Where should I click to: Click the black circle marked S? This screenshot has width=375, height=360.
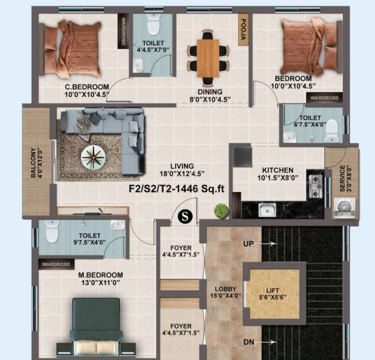pos(185,216)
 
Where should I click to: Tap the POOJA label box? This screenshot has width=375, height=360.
pos(243,30)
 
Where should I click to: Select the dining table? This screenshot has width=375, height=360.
pos(208,59)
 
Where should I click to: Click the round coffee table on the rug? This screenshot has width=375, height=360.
pos(94,157)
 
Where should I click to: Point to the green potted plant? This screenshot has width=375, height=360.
pos(222,211)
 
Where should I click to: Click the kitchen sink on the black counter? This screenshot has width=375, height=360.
pos(267,210)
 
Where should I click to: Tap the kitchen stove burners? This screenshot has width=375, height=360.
pos(316,187)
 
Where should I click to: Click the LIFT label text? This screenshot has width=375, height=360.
pos(272,290)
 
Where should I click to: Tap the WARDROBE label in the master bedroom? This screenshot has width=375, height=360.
pos(56,264)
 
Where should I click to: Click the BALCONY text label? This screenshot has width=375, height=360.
pos(33,162)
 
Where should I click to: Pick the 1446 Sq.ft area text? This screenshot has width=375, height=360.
pos(200,189)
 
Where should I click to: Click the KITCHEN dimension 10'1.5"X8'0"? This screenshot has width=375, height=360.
pos(278,178)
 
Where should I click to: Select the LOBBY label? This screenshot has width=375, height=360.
pos(225,288)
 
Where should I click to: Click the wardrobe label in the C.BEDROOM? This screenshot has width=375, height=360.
pos(123,31)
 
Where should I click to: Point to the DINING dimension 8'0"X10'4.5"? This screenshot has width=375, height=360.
pos(210,99)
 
